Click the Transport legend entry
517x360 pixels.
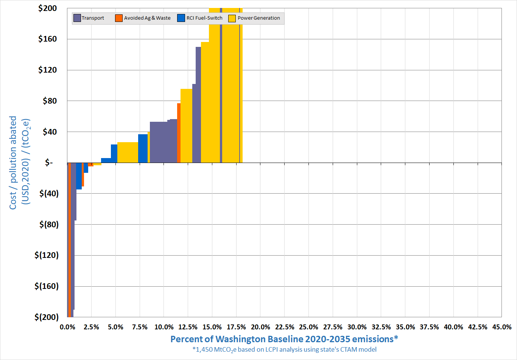pos(89,18)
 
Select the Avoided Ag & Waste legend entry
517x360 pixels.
pos(143,18)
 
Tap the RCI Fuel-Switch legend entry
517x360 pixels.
pos(200,18)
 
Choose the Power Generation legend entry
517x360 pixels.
pos(254,18)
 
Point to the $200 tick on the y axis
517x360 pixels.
pos(47,8)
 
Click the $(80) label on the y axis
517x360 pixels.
pos(49,224)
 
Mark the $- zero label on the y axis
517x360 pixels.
pos(49,163)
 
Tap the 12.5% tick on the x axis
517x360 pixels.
pos(188,327)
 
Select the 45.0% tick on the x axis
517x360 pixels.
pos(501,327)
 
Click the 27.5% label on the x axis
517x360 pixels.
pos(333,327)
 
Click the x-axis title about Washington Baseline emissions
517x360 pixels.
pos(284,339)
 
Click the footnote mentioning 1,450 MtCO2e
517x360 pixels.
pos(284,349)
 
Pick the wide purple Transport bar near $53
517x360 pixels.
pos(159,142)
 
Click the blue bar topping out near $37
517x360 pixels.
pos(143,148)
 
